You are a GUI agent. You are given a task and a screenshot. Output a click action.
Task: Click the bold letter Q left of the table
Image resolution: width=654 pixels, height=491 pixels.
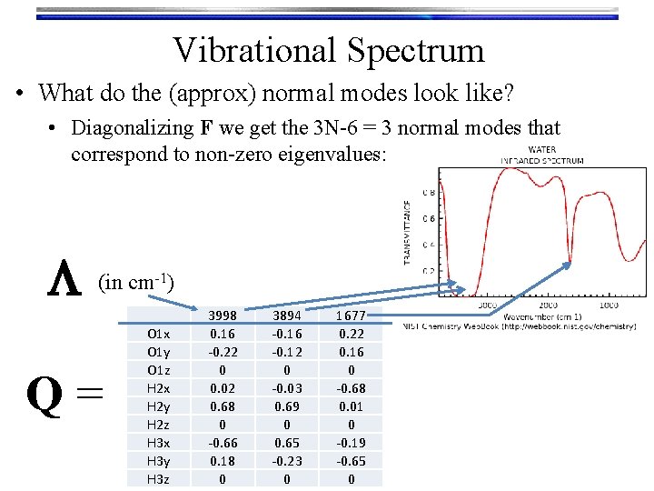click(45, 395)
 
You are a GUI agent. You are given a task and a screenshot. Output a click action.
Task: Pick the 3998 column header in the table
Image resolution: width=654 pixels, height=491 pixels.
click(223, 316)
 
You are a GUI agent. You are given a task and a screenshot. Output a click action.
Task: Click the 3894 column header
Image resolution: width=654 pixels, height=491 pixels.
click(287, 316)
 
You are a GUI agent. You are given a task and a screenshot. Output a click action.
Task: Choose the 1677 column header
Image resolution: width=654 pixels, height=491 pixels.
click(351, 316)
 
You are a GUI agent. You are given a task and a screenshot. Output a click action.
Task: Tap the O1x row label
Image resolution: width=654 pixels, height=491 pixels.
click(158, 334)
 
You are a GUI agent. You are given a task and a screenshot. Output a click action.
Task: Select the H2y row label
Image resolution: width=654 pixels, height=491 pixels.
click(158, 406)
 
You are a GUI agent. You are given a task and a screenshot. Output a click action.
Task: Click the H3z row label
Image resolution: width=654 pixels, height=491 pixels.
click(158, 479)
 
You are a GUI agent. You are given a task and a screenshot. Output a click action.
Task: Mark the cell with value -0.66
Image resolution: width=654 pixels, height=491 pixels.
click(223, 443)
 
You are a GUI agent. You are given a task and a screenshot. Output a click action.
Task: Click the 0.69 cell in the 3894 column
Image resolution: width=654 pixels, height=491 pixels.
click(287, 406)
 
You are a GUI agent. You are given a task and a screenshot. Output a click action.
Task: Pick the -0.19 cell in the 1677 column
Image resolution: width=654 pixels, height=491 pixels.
click(351, 443)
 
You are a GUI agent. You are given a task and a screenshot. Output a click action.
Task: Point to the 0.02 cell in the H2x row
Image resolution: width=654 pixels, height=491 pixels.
click(223, 388)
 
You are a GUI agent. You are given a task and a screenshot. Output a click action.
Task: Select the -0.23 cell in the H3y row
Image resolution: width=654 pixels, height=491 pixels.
click(287, 461)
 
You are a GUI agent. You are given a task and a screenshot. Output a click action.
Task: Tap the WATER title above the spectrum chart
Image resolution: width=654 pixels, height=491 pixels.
click(541, 150)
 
